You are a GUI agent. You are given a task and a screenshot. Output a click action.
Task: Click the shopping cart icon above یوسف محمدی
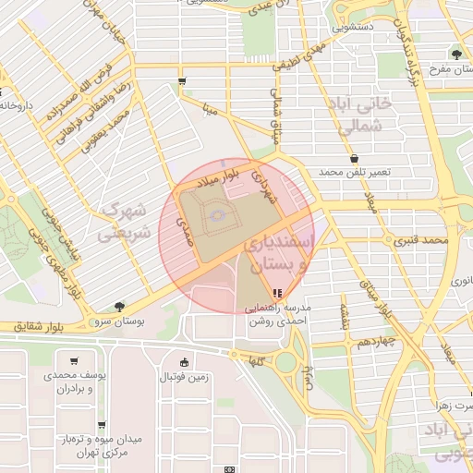pos(73,361)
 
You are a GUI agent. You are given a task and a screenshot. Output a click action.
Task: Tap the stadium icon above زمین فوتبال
pos(186,361)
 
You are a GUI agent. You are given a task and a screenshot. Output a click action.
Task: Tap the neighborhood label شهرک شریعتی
pos(125,222)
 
